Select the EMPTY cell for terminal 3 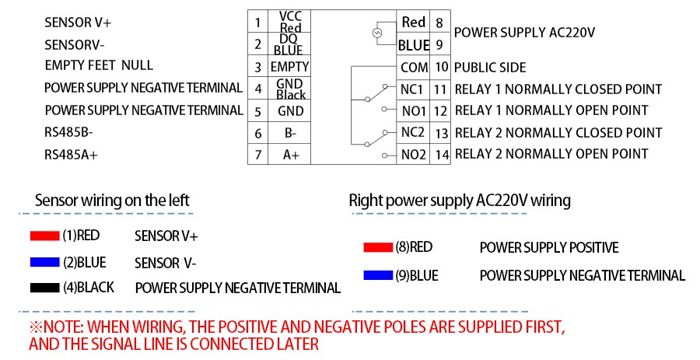290,67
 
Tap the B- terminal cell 290,133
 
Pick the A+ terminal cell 290,156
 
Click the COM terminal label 415,68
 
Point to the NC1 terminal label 413,89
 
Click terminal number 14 442,155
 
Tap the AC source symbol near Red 377,33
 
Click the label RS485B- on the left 66,133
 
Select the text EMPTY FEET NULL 99,65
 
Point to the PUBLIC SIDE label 490,68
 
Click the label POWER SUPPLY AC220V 524,33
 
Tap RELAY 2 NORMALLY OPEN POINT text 551,154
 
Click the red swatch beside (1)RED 44,236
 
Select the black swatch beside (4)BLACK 44,288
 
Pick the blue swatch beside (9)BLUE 378,275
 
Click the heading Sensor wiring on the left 112,201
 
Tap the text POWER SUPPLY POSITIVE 549,248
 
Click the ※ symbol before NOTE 35,325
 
